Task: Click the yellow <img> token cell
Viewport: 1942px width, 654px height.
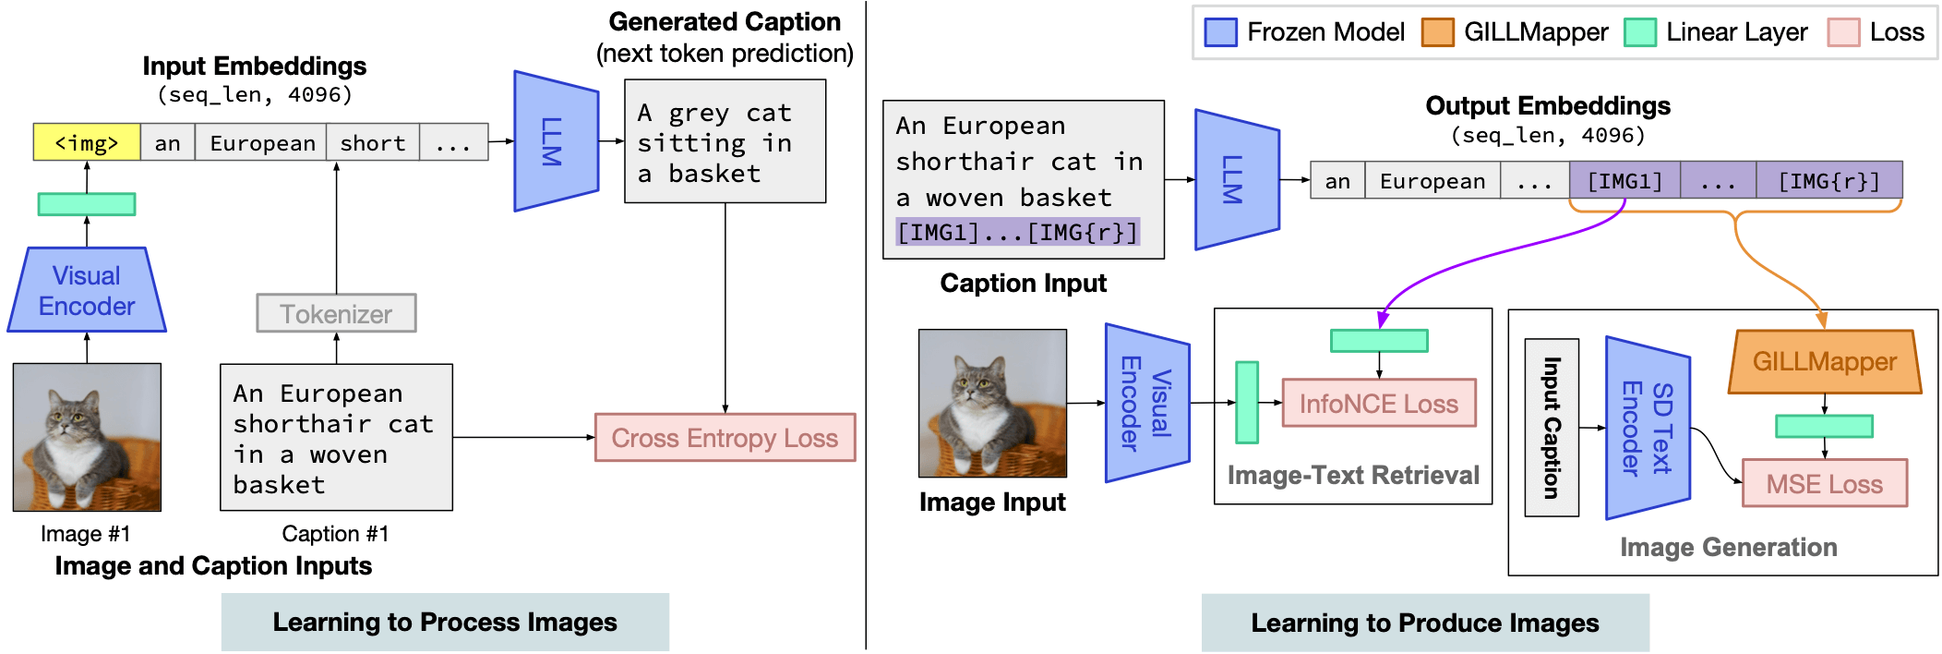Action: coord(87,143)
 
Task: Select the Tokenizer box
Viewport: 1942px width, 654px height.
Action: coord(336,314)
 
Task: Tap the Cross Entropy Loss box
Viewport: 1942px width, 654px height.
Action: coord(725,438)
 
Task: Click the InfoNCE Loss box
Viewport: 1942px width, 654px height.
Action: coord(1379,404)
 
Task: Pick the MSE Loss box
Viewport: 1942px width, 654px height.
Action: coord(1824,484)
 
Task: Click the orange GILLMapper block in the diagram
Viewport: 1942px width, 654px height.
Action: coord(1824,362)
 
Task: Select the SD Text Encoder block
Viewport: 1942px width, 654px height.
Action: coord(1648,429)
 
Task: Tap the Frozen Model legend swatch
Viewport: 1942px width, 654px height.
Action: coord(1220,32)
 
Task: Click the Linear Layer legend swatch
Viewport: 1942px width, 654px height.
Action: coord(1639,32)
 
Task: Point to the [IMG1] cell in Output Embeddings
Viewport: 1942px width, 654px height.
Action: coord(1624,181)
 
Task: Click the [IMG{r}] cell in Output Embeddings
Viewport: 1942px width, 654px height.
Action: coord(1828,181)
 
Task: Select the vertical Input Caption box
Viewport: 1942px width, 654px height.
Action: coord(1552,428)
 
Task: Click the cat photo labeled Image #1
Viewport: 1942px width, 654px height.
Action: coord(87,437)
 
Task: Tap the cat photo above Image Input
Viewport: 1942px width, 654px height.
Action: coord(992,404)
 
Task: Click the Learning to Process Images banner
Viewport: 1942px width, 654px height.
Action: coord(445,623)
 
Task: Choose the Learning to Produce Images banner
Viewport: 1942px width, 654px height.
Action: coord(1424,624)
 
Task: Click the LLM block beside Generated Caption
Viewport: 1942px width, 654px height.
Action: coord(555,141)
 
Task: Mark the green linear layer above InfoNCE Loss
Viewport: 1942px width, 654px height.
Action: coord(1379,341)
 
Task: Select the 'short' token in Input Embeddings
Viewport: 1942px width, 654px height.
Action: coord(373,143)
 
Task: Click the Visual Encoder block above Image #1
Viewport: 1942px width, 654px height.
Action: coord(87,290)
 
